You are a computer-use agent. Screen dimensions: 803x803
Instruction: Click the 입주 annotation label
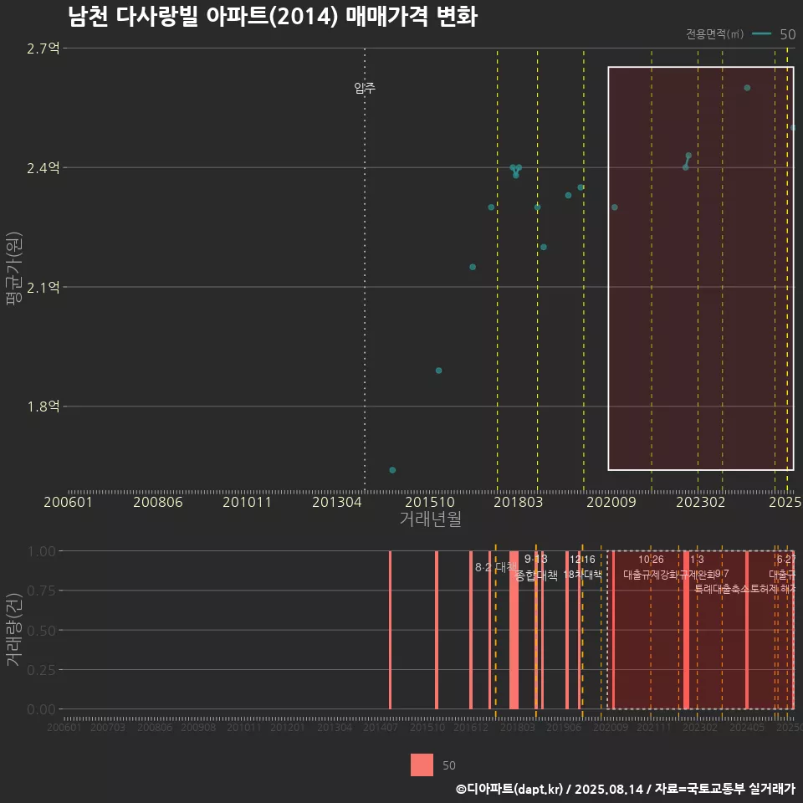[365, 88]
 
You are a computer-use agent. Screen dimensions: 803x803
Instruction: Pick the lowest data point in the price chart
[392, 470]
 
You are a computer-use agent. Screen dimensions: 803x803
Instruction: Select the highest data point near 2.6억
[747, 88]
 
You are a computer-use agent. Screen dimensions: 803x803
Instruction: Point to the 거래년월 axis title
[430, 519]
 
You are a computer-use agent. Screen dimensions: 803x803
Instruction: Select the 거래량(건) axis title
[13, 630]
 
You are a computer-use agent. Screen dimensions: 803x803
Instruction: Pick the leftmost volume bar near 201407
[390, 630]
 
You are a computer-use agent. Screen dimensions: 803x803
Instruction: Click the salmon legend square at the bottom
[422, 765]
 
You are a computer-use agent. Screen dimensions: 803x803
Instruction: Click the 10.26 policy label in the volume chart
[651, 560]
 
